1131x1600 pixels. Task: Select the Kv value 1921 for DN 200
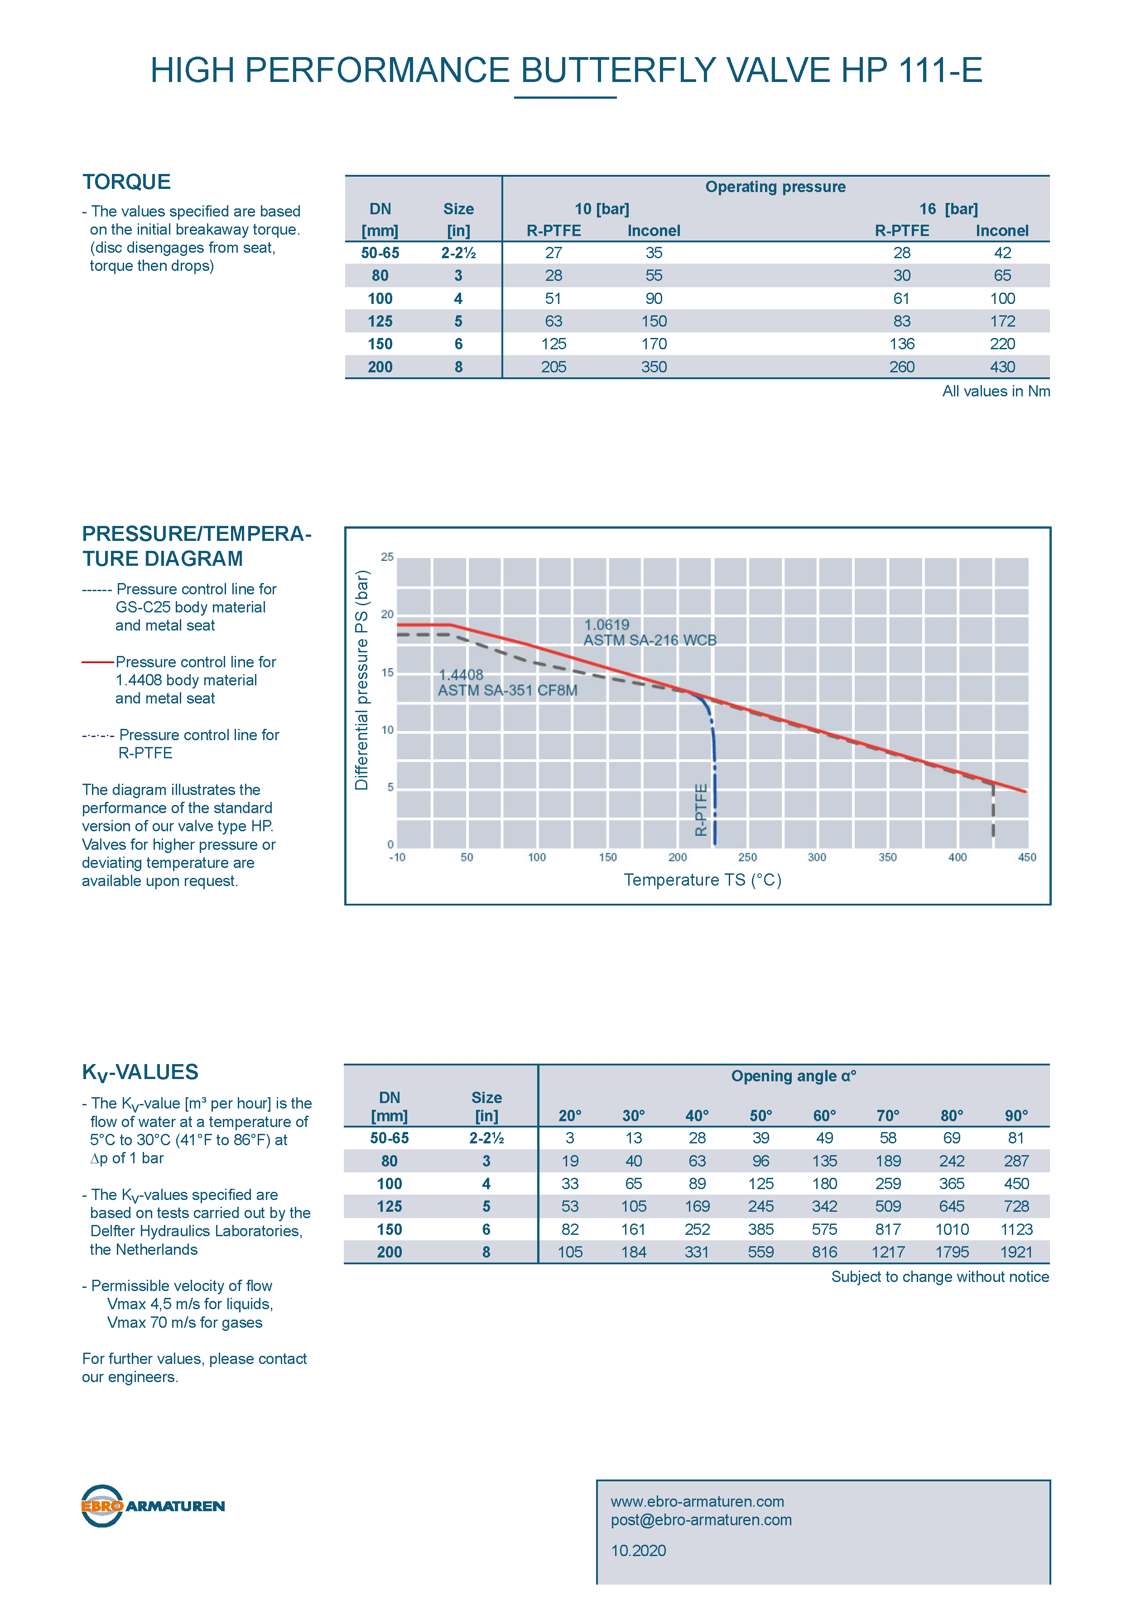pos(1016,1252)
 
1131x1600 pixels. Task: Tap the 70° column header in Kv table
pos(888,1116)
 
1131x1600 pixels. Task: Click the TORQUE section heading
pos(127,182)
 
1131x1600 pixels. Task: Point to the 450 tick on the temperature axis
pos(1026,857)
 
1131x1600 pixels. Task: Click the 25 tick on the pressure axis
pos(387,557)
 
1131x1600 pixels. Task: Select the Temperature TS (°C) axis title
pos(703,880)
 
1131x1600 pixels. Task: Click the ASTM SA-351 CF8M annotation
pos(507,690)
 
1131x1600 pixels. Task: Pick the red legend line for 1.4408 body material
pos(97,662)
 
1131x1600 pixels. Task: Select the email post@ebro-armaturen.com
pos(701,1520)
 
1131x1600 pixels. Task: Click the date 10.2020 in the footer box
pos(638,1551)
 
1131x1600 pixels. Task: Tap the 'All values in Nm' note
pos(996,391)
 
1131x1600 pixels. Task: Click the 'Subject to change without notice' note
pos(940,1277)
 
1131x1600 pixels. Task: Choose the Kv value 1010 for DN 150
pos(952,1229)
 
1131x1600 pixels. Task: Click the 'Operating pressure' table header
pos(775,187)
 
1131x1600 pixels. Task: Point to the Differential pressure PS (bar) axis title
pos(361,680)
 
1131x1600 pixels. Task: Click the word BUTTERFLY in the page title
pos(618,70)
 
